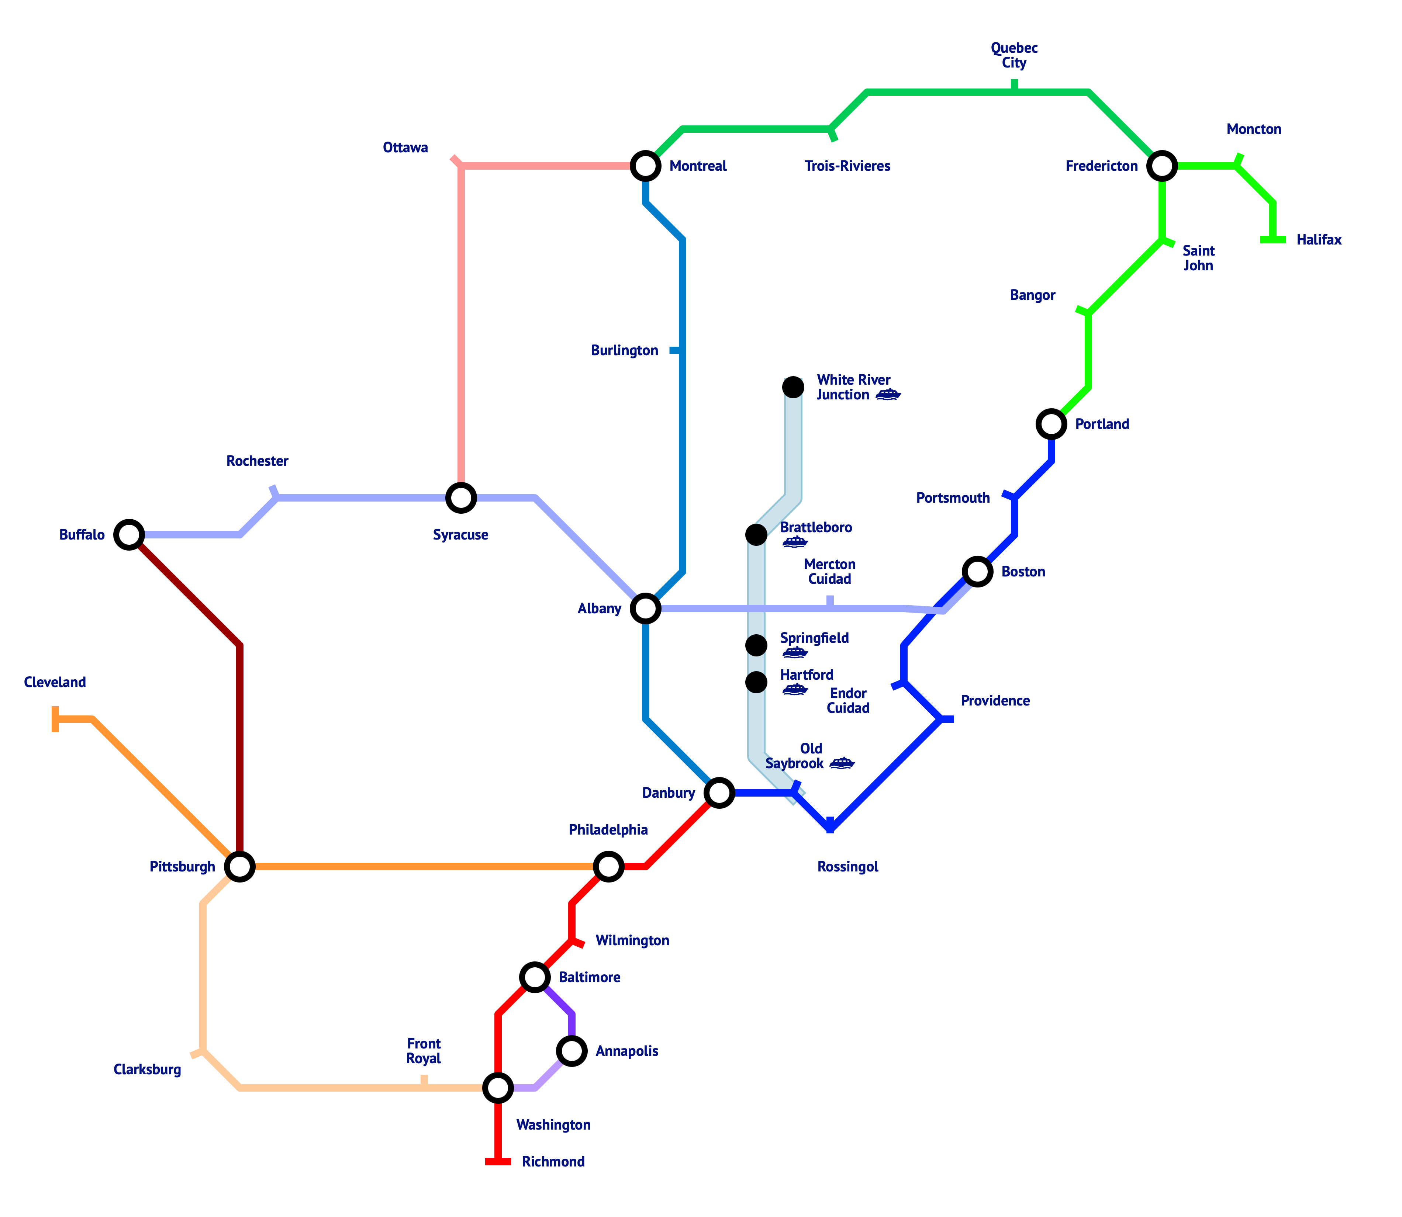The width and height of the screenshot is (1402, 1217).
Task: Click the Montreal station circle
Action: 645,166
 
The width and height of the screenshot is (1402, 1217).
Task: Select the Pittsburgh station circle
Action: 240,867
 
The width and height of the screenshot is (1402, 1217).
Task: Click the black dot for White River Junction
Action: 793,387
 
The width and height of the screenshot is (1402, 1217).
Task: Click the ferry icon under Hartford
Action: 795,690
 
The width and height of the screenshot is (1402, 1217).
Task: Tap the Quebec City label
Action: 1014,55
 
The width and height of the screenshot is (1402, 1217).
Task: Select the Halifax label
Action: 1319,240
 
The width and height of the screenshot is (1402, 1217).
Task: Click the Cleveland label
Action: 55,682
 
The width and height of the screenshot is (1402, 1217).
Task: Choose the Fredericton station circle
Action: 1162,166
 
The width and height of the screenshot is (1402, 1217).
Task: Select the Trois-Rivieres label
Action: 847,166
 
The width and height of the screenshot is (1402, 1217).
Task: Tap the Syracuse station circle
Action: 460,498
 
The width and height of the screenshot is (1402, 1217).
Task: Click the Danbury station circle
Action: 719,793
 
